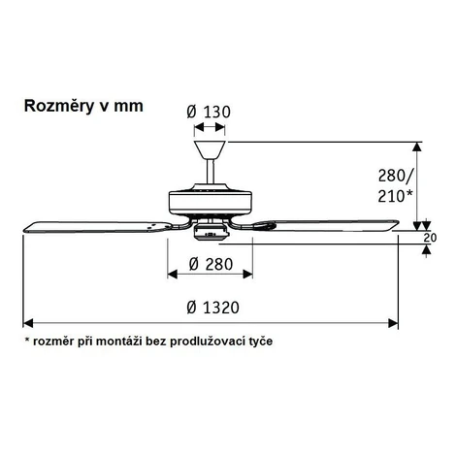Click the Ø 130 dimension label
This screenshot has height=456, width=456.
tap(209, 112)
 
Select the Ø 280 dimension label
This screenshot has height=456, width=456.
tap(211, 264)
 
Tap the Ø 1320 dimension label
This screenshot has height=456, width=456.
tap(212, 308)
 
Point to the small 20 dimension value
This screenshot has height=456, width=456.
tap(430, 238)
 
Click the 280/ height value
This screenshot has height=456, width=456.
tap(395, 176)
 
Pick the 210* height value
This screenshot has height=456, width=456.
tap(395, 196)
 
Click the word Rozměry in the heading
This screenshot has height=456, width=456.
tap(59, 107)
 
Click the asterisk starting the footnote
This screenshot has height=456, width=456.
tap(27, 340)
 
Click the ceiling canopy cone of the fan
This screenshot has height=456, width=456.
tap(210, 150)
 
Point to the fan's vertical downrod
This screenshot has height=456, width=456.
tap(210, 172)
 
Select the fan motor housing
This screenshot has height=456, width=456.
tap(211, 202)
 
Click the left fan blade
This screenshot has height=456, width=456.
tap(97, 227)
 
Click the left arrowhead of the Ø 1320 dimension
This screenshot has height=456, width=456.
tap(28, 323)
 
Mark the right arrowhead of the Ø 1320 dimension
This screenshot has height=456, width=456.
tap(393, 323)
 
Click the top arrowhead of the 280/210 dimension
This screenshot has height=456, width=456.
tap(417, 147)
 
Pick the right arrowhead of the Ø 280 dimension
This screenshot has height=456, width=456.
tap(247, 275)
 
